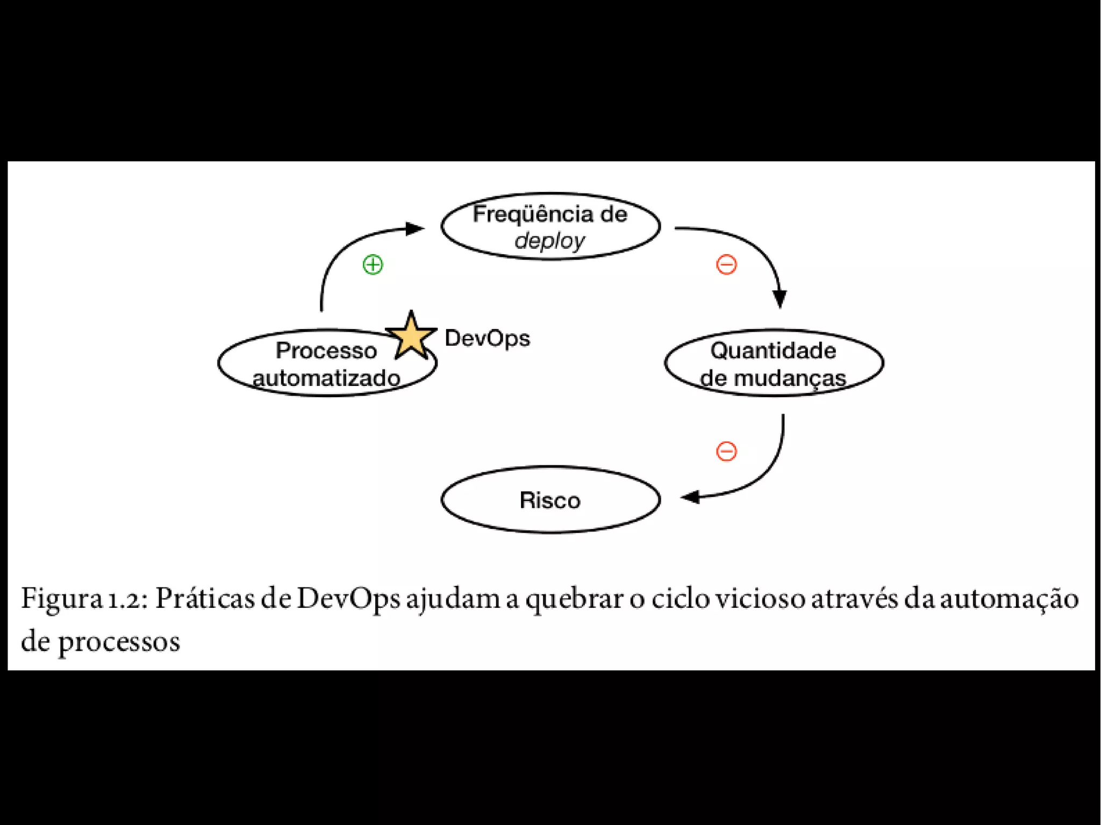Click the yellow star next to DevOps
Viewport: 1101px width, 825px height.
(x=411, y=336)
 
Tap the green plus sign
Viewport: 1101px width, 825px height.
(x=373, y=264)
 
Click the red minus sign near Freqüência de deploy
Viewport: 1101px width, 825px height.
(x=726, y=264)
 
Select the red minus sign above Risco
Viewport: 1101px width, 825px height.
(x=726, y=451)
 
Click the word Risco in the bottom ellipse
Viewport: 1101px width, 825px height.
(x=550, y=500)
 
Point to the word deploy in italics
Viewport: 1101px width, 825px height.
(x=549, y=241)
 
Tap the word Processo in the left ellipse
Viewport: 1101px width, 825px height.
(x=326, y=350)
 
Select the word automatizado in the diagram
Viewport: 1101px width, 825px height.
(x=327, y=378)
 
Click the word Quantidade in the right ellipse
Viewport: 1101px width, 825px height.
(x=773, y=350)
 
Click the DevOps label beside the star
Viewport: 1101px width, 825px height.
(x=487, y=338)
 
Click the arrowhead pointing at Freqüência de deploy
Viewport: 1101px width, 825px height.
(x=415, y=228)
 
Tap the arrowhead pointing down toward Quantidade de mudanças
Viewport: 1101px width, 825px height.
(x=780, y=298)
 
